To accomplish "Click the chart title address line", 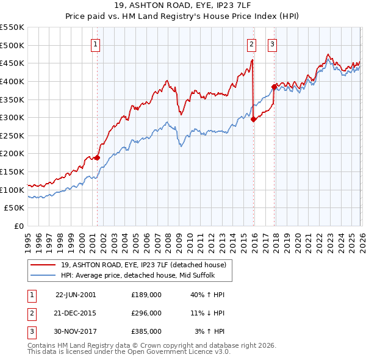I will pyautogui.click(x=182, y=5).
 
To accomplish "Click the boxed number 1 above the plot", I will pyautogui.click(x=96, y=43).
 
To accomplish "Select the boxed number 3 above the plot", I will pyautogui.click(x=272, y=43).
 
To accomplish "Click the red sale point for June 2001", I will pyautogui.click(x=97, y=157).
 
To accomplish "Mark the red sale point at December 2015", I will pyautogui.click(x=253, y=119).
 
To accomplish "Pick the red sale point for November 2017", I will pyautogui.click(x=274, y=87).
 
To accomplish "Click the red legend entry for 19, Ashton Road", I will pyautogui.click(x=143, y=265).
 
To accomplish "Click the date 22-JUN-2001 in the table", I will pyautogui.click(x=76, y=295).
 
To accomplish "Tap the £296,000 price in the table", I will pyautogui.click(x=146, y=313).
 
